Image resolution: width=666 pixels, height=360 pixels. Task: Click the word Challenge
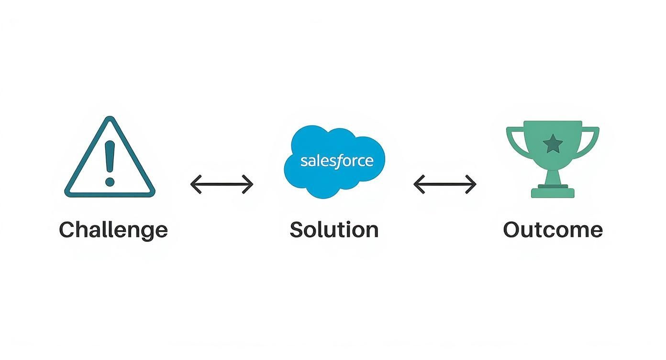tap(113, 230)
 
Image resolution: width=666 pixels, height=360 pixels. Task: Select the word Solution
tap(334, 230)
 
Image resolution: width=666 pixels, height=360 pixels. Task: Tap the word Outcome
tap(553, 230)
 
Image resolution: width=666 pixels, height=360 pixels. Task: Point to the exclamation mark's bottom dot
tap(110, 181)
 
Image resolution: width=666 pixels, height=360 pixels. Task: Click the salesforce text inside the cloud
tap(336, 160)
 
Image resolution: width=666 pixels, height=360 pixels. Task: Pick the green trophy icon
tap(553, 158)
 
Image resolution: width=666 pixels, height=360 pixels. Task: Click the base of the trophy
tap(553, 192)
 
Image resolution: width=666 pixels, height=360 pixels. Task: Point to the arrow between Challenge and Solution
tap(222, 184)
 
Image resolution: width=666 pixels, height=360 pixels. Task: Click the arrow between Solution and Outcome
tap(445, 184)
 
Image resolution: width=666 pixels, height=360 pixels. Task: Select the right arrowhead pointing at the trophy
tap(472, 184)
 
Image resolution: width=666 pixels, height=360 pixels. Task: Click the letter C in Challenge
tap(68, 230)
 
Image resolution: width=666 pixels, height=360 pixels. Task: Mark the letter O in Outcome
tap(512, 230)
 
